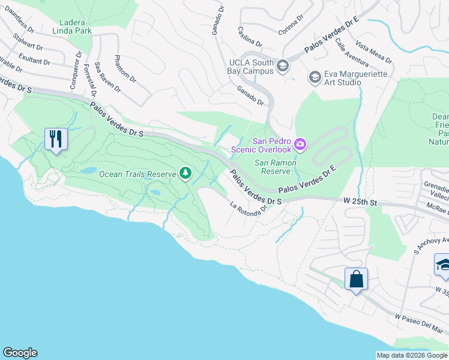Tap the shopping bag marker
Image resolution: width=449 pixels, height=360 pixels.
356,279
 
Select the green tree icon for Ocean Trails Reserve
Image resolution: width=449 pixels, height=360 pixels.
185,174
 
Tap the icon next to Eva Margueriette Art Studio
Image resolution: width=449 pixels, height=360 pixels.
314,77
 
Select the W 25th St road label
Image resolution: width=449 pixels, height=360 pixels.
360,203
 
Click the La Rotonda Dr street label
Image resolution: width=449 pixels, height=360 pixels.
247,209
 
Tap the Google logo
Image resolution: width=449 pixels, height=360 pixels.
20,353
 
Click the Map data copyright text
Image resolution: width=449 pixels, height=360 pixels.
412,355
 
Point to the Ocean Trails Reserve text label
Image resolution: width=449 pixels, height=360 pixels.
138,174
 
